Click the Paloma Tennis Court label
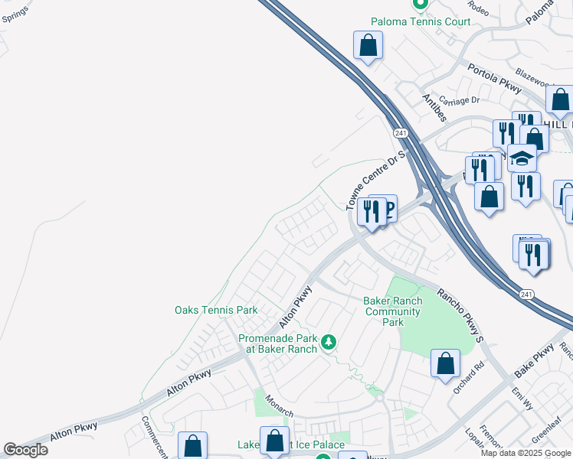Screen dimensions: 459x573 click(x=421, y=21)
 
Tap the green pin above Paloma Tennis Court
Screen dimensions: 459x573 click(x=420, y=5)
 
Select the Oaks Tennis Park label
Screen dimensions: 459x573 click(x=216, y=310)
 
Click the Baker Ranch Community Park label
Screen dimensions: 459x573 click(x=392, y=311)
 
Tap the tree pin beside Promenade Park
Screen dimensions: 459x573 click(x=329, y=342)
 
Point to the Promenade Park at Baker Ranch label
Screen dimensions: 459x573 click(x=277, y=343)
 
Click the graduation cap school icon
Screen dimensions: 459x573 click(x=522, y=159)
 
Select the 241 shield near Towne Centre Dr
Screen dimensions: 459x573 click(x=401, y=133)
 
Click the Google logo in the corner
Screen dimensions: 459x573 click(x=25, y=450)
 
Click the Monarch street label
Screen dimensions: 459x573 click(x=279, y=405)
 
